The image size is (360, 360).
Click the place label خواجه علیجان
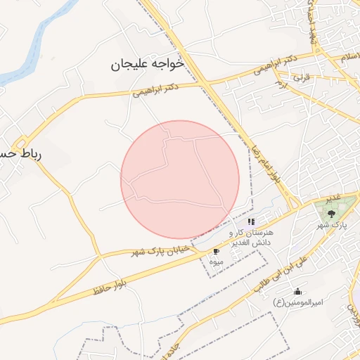pyautogui.click(x=147, y=64)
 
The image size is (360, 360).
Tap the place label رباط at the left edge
pyautogui.click(x=20, y=153)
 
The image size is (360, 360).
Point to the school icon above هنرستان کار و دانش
pyautogui.click(x=251, y=221)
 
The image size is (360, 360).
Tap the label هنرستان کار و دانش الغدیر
pyautogui.click(x=254, y=237)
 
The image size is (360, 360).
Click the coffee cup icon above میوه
pyautogui.click(x=216, y=251)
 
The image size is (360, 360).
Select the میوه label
pyautogui.click(x=216, y=262)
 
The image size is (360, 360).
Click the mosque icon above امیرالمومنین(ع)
pyautogui.click(x=297, y=291)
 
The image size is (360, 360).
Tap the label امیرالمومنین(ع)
pyautogui.click(x=297, y=302)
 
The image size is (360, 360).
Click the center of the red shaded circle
pyautogui.click(x=180, y=179)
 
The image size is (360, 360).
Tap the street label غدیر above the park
pyautogui.click(x=334, y=195)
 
